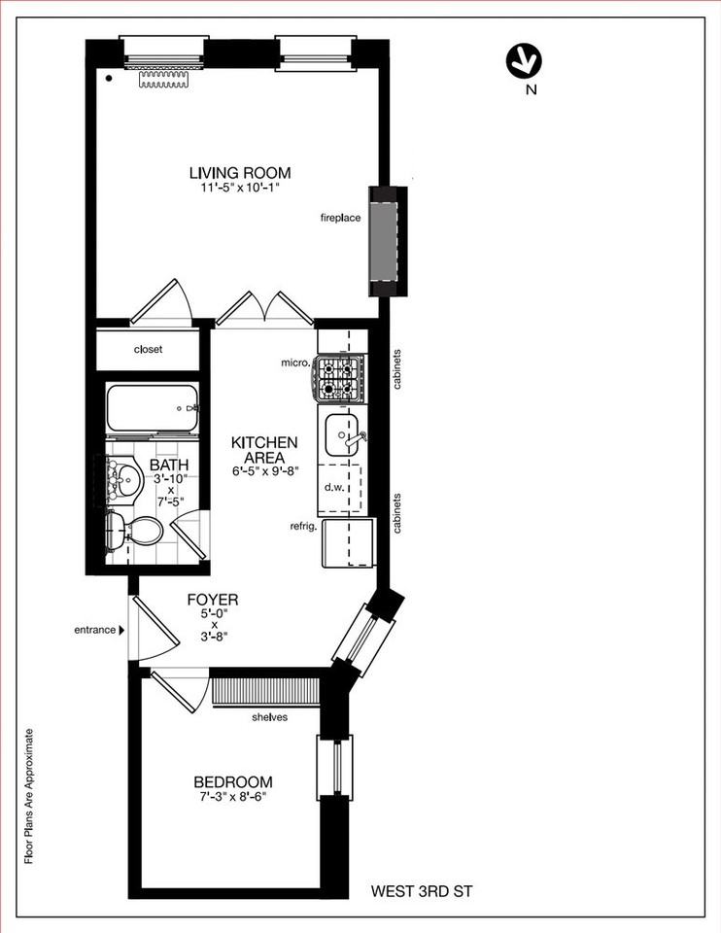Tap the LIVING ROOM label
[239, 173]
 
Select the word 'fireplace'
[340, 218]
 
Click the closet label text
[148, 350]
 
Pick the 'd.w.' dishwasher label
[333, 487]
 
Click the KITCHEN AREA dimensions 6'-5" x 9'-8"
[264, 470]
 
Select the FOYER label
[212, 600]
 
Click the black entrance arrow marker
[121, 630]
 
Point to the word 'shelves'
[268, 717]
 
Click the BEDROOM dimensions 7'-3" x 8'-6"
[232, 796]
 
